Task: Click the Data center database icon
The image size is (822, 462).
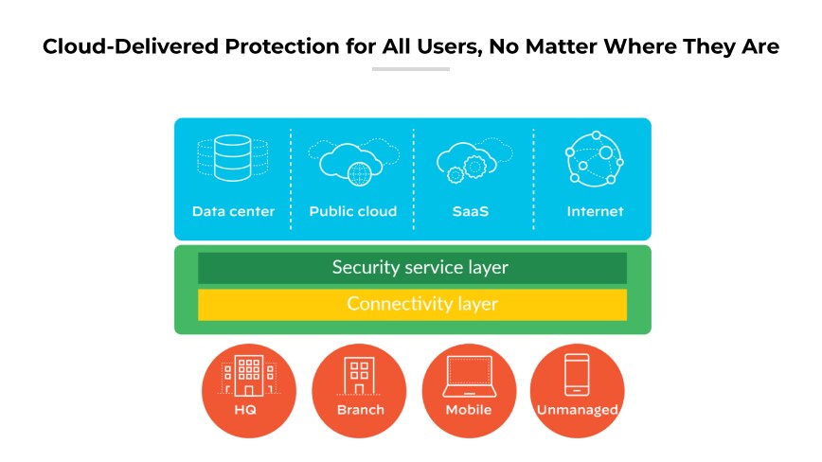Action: pyautogui.click(x=232, y=158)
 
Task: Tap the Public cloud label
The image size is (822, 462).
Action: pyautogui.click(x=352, y=211)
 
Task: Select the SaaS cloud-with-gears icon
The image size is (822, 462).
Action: pyautogui.click(x=471, y=161)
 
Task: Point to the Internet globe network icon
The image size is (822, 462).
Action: pyautogui.click(x=594, y=157)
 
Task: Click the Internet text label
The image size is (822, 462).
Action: pyautogui.click(x=595, y=211)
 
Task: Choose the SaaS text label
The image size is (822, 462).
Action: pyautogui.click(x=470, y=211)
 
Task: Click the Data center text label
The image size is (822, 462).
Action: pyautogui.click(x=233, y=211)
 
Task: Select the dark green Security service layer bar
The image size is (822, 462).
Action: pyautogui.click(x=412, y=268)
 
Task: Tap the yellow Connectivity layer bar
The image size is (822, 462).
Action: pyautogui.click(x=412, y=305)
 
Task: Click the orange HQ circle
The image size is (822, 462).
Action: pyautogui.click(x=249, y=391)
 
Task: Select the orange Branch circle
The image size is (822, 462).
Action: pyautogui.click(x=360, y=391)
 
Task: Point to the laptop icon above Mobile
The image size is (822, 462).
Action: pyautogui.click(x=469, y=376)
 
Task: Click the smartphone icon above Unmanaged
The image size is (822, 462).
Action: pyautogui.click(x=577, y=376)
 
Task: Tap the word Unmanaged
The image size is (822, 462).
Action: pyautogui.click(x=577, y=410)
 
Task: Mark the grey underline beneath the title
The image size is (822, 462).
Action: pyautogui.click(x=410, y=69)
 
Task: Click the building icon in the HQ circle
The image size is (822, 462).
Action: pyautogui.click(x=248, y=376)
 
